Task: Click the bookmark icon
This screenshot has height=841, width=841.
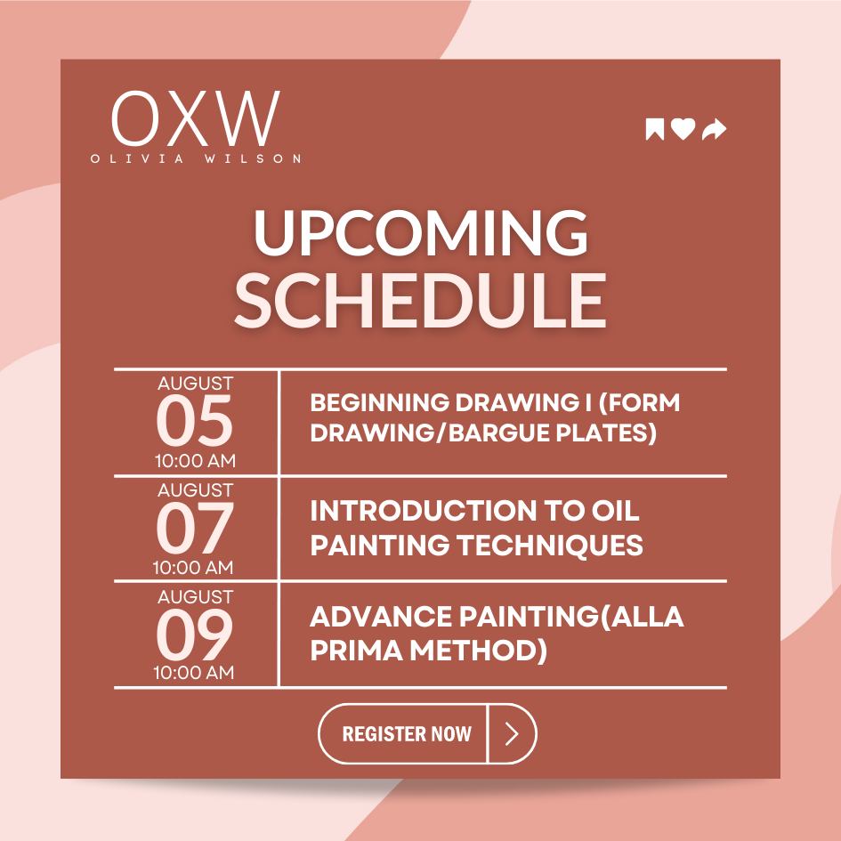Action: [655, 130]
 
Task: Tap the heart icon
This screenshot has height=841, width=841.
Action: [683, 130]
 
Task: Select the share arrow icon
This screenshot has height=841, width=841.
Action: [714, 130]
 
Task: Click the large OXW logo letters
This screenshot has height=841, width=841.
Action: [196, 119]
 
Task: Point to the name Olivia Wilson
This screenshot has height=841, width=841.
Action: [196, 158]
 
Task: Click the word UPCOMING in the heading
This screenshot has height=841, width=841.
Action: [420, 235]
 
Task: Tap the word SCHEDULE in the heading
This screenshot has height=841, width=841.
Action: [420, 299]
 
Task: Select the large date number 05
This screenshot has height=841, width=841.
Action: [195, 423]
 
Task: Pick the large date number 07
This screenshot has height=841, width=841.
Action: [195, 529]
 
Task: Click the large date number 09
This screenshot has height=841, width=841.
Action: [195, 635]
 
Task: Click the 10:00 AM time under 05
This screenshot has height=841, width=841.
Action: [195, 461]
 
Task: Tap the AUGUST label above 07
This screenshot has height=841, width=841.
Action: [196, 490]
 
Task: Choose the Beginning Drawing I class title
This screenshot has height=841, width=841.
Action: [494, 418]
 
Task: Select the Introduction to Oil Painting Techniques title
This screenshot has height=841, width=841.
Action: [476, 527]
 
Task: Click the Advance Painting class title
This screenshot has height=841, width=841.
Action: [496, 633]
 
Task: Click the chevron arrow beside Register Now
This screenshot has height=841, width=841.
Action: [512, 733]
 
